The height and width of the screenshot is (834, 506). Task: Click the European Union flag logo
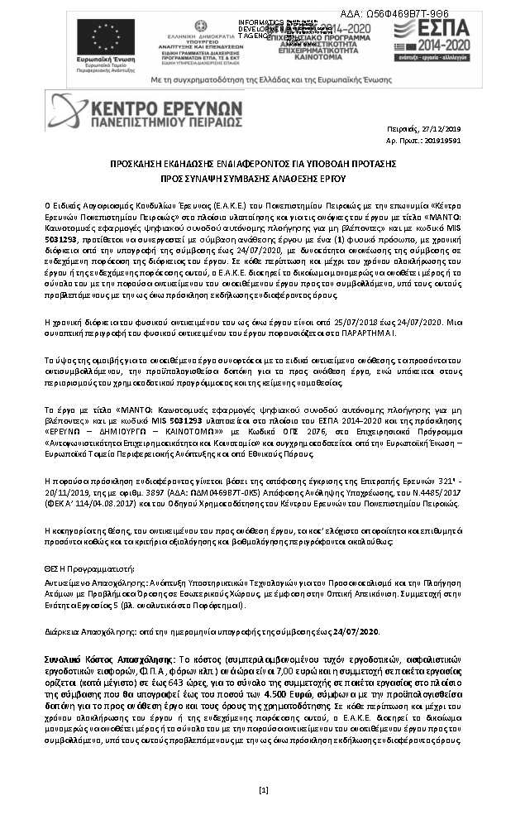coord(106,36)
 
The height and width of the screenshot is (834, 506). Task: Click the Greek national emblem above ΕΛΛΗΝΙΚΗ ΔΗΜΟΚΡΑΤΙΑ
coord(201,26)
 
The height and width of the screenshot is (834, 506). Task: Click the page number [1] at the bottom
coord(263,790)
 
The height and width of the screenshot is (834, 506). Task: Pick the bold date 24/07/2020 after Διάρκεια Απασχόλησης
coord(356,631)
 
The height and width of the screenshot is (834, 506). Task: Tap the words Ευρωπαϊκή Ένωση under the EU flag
coord(106,63)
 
